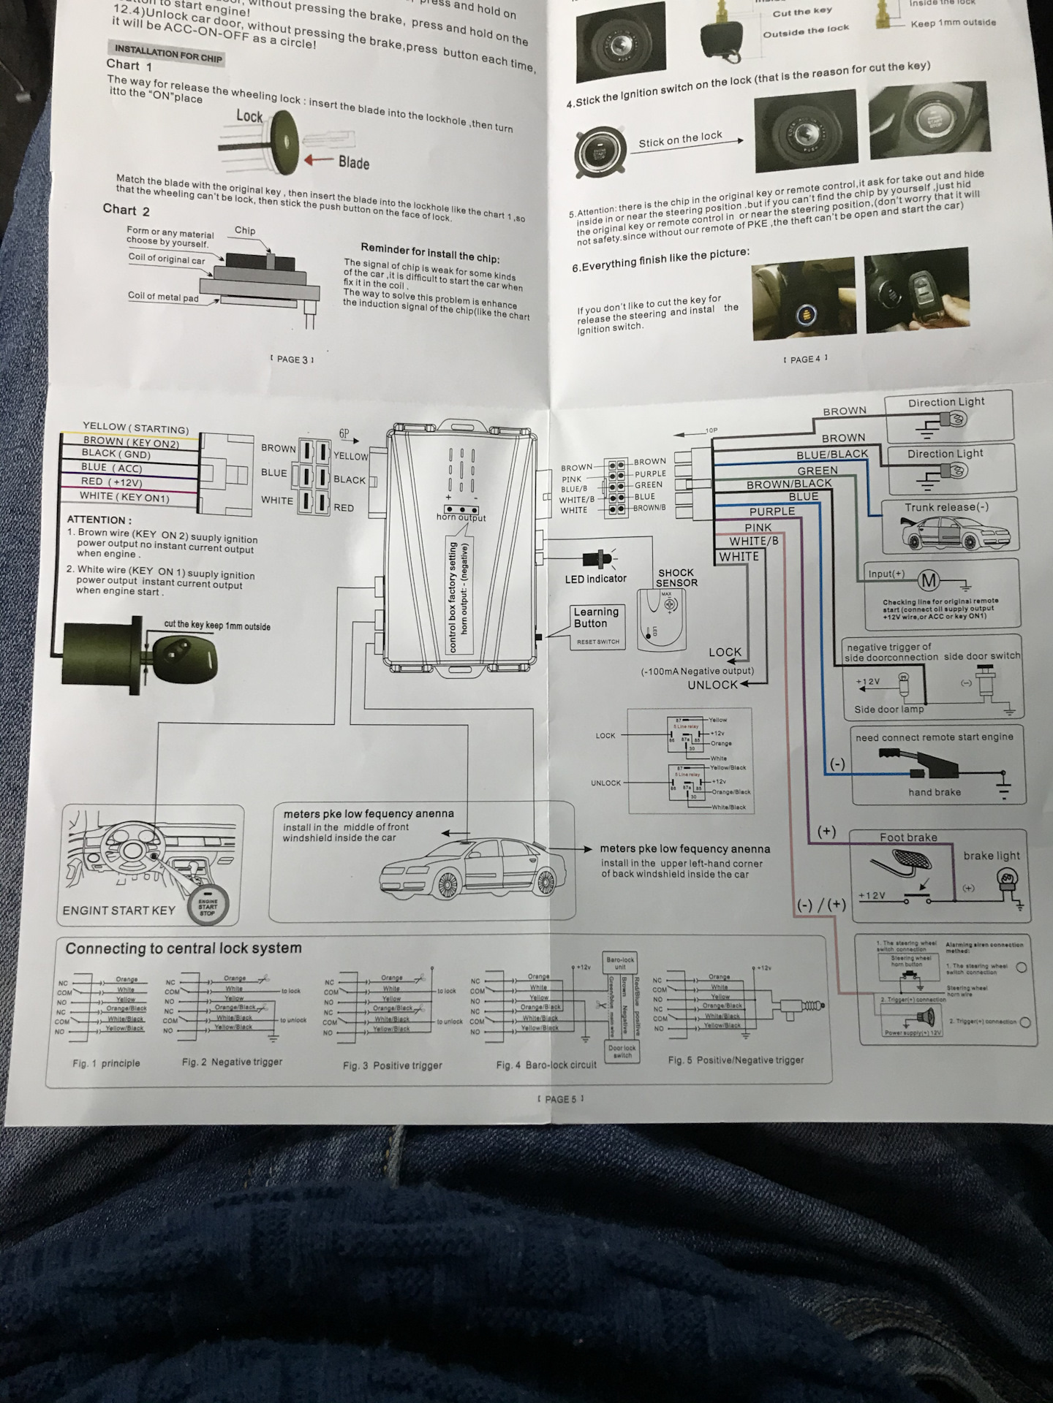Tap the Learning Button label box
tap(596, 618)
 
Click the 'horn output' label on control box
tap(461, 517)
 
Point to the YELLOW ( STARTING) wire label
tap(135, 428)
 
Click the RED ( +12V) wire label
tap(112, 482)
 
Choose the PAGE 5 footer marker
tap(561, 1099)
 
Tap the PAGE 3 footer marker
tap(292, 360)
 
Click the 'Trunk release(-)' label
tap(946, 507)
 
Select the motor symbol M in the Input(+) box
tap(929, 581)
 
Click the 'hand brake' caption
tap(935, 792)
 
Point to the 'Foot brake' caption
tap(908, 837)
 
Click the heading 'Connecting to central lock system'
tap(184, 948)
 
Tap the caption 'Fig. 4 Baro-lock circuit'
tap(546, 1065)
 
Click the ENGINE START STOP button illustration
tap(208, 907)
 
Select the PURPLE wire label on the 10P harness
tap(771, 512)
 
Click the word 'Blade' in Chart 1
tap(354, 163)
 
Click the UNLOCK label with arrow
tap(713, 685)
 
